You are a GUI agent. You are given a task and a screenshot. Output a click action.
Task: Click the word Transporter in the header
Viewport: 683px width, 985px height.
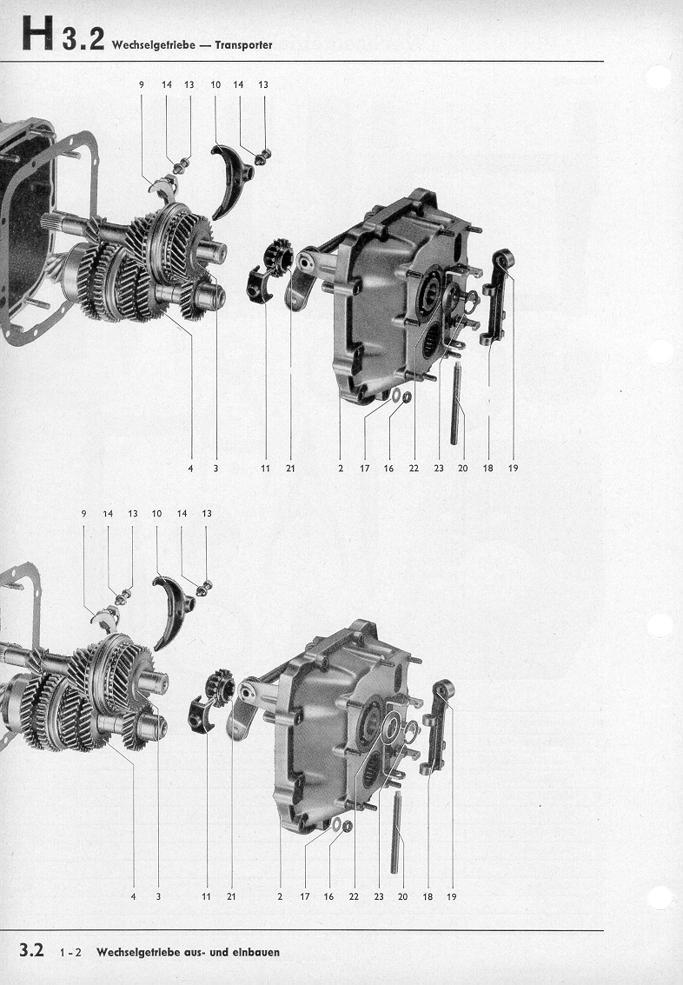243,45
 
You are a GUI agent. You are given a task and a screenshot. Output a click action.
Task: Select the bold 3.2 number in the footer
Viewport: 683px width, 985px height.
31,950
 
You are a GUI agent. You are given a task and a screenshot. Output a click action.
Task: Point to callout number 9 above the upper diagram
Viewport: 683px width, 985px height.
142,84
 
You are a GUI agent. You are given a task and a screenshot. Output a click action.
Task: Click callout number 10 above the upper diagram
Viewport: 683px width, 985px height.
216,84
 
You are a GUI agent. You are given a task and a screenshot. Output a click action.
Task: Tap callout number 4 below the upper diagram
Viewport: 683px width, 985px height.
191,468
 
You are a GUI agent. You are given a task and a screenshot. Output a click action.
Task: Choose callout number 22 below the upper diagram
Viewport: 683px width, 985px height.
414,468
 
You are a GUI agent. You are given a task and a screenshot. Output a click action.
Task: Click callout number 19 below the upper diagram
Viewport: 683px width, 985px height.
513,468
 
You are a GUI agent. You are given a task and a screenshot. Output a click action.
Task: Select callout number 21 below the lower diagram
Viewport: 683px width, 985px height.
231,896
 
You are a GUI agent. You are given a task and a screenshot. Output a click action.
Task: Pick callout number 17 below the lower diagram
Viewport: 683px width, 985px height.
304,896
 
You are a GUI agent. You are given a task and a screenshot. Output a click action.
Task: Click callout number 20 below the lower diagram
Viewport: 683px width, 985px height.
402,896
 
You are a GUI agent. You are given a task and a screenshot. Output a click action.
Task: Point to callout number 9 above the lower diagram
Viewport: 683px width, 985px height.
83,513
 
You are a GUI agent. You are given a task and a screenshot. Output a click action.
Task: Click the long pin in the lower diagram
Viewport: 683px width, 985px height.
395,832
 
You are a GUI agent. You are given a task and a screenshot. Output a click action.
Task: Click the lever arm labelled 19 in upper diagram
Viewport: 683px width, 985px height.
498,296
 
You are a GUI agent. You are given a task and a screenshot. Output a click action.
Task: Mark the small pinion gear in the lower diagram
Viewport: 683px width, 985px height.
221,685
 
